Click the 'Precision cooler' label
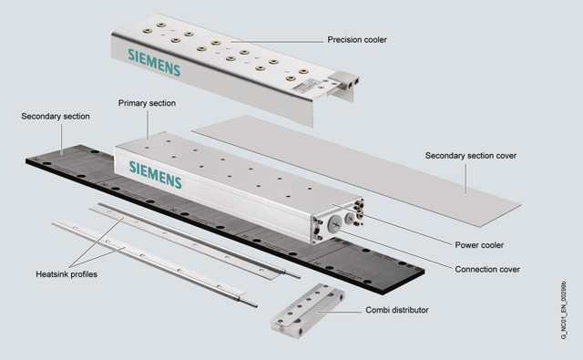[x=357, y=39]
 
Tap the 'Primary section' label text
[x=147, y=103]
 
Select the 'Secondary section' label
[x=56, y=117]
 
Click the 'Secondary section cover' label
[x=471, y=156]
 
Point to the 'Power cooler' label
[x=479, y=245]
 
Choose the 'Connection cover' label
[x=487, y=269]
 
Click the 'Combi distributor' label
[x=397, y=310]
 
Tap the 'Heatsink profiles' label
[x=66, y=274]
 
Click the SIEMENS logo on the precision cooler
[x=154, y=62]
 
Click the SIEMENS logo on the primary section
[x=156, y=174]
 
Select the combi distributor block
[x=308, y=311]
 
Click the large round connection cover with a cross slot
[x=335, y=224]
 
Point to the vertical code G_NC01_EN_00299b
[x=564, y=310]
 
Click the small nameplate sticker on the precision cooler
[x=303, y=86]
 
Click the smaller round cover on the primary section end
[x=350, y=219]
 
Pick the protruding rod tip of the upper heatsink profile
[x=292, y=274]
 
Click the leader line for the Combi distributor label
[x=339, y=312]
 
